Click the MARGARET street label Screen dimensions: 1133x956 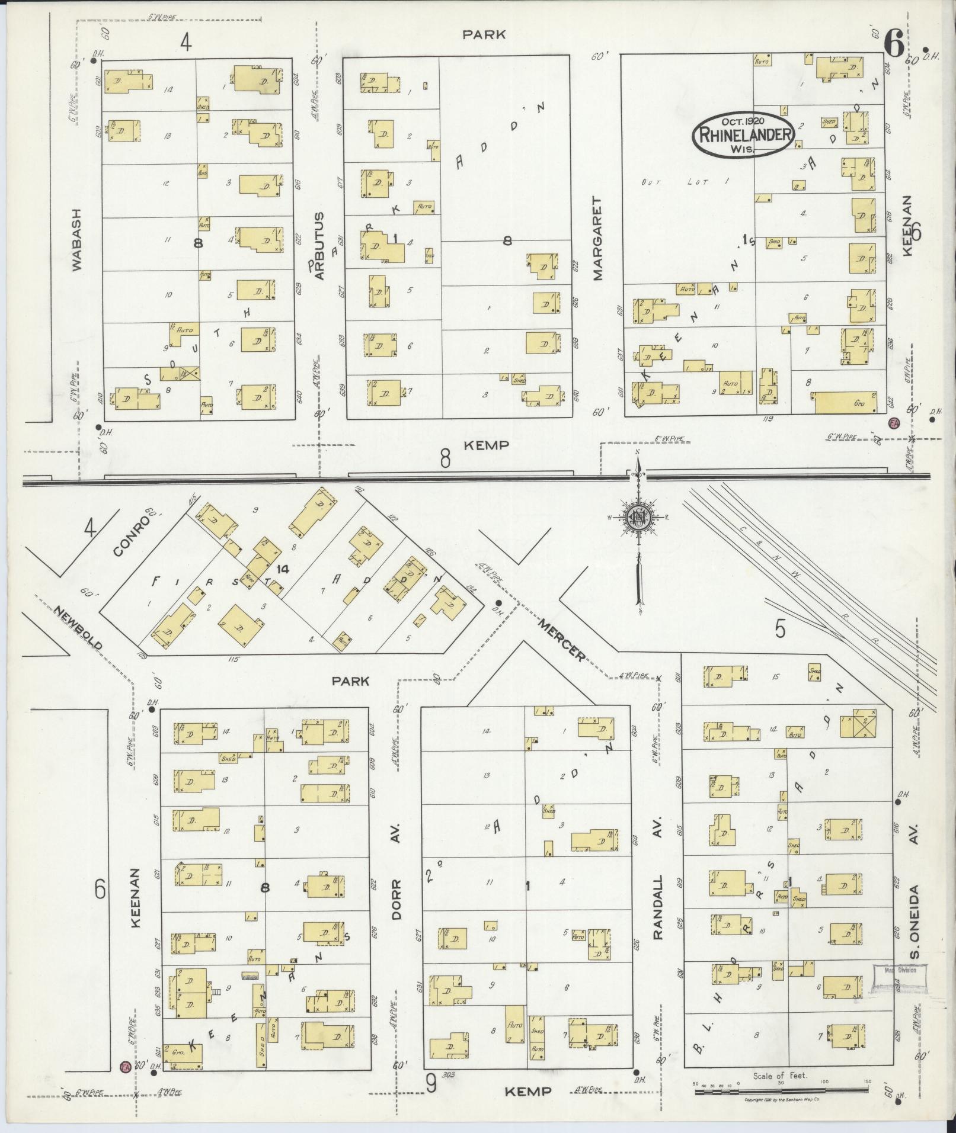click(597, 239)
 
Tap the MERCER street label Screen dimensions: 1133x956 click(561, 639)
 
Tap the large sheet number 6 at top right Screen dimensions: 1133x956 click(893, 43)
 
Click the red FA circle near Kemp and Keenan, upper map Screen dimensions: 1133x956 click(894, 423)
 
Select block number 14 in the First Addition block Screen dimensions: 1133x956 click(282, 569)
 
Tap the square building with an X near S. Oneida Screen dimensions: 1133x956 click(864, 723)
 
